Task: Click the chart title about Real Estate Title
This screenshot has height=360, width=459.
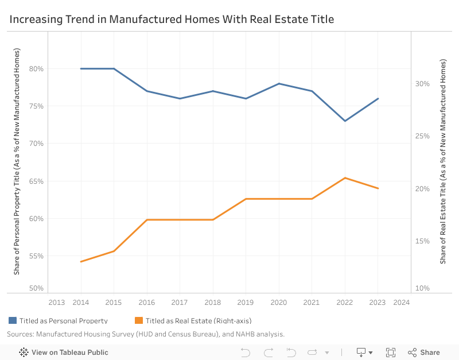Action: coord(172,20)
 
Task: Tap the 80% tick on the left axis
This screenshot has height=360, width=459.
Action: coord(37,69)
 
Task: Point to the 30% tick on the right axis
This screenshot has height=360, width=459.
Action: coord(422,84)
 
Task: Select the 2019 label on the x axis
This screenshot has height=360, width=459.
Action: coord(246,302)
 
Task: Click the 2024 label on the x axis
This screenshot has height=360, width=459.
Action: coord(402,302)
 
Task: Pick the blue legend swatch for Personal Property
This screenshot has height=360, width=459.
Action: coord(13,320)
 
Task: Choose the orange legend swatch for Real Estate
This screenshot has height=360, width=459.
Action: coord(138,320)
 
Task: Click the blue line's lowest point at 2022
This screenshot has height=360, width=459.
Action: coord(345,121)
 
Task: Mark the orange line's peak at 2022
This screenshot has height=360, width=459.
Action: coord(345,178)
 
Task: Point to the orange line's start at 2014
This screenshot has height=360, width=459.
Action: coord(81,262)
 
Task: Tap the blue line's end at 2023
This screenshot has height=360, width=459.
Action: coord(378,99)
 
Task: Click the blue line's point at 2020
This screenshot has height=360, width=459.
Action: coord(279,84)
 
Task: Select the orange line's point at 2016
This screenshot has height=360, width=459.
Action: coord(147,220)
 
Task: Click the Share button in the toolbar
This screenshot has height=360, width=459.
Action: coord(424,353)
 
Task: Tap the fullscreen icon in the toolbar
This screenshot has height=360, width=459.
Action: coord(391,353)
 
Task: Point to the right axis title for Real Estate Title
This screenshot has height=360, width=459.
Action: coord(443,161)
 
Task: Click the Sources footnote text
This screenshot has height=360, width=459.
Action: coord(146,334)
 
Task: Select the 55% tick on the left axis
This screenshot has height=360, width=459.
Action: coord(37,256)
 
